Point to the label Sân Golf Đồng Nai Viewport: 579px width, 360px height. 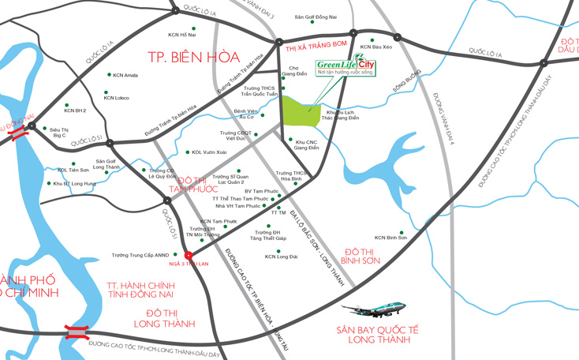tap(316, 17)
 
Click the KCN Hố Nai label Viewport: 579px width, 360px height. tap(182, 35)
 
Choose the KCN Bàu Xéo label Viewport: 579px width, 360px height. tap(376, 47)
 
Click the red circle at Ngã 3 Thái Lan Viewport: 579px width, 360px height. tap(188, 254)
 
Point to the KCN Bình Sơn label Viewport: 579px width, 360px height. tap(390, 237)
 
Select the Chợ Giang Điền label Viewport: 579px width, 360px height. tap(293, 72)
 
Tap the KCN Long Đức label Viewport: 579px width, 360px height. tap(282, 257)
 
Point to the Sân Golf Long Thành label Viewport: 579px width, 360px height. tap(106, 164)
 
